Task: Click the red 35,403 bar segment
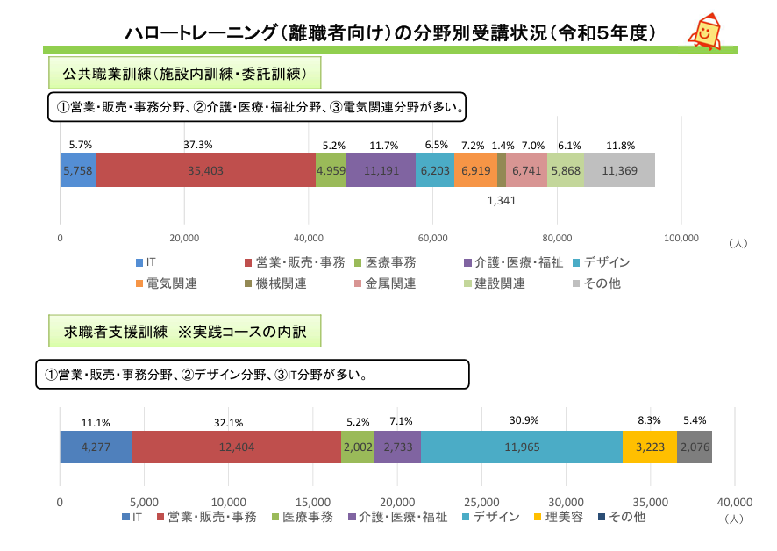pos(205,170)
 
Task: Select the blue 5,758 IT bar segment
pos(77,170)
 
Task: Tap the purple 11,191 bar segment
pos(381,170)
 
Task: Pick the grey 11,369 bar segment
pos(619,170)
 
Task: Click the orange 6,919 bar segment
pos(475,170)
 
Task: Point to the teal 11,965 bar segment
pos(521,447)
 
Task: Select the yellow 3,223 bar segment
pos(649,447)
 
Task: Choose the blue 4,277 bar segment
pos(95,447)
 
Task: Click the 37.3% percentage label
pos(198,145)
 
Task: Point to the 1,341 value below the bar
pos(502,201)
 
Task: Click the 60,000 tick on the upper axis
pos(433,238)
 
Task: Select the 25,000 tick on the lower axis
pos(481,503)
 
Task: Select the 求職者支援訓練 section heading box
pos(184,333)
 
